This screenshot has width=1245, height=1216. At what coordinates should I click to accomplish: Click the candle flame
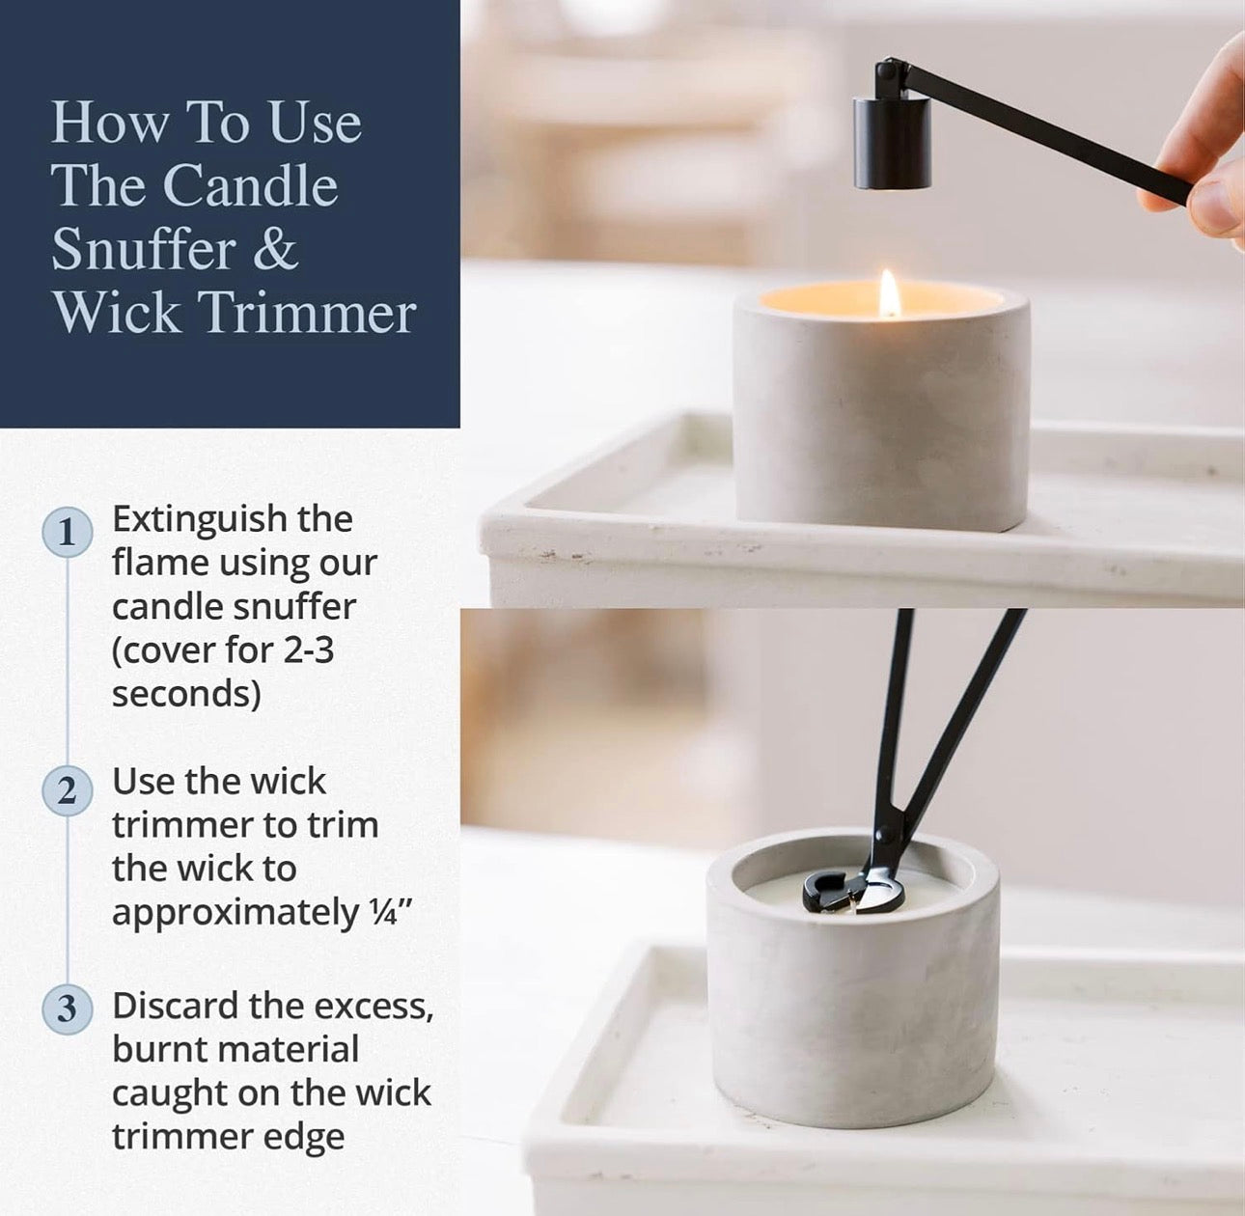[889, 293]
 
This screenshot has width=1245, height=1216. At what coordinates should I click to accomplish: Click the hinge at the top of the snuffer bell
[889, 73]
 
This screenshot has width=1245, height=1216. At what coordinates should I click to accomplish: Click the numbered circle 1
[67, 533]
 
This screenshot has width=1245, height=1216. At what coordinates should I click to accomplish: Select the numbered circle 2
[67, 791]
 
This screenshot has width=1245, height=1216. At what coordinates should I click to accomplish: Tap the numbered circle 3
[67, 1009]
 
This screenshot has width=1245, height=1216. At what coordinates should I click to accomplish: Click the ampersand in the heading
[276, 249]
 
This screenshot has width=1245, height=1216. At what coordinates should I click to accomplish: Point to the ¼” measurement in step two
[392, 912]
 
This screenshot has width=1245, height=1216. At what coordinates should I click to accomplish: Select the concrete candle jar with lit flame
[880, 415]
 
